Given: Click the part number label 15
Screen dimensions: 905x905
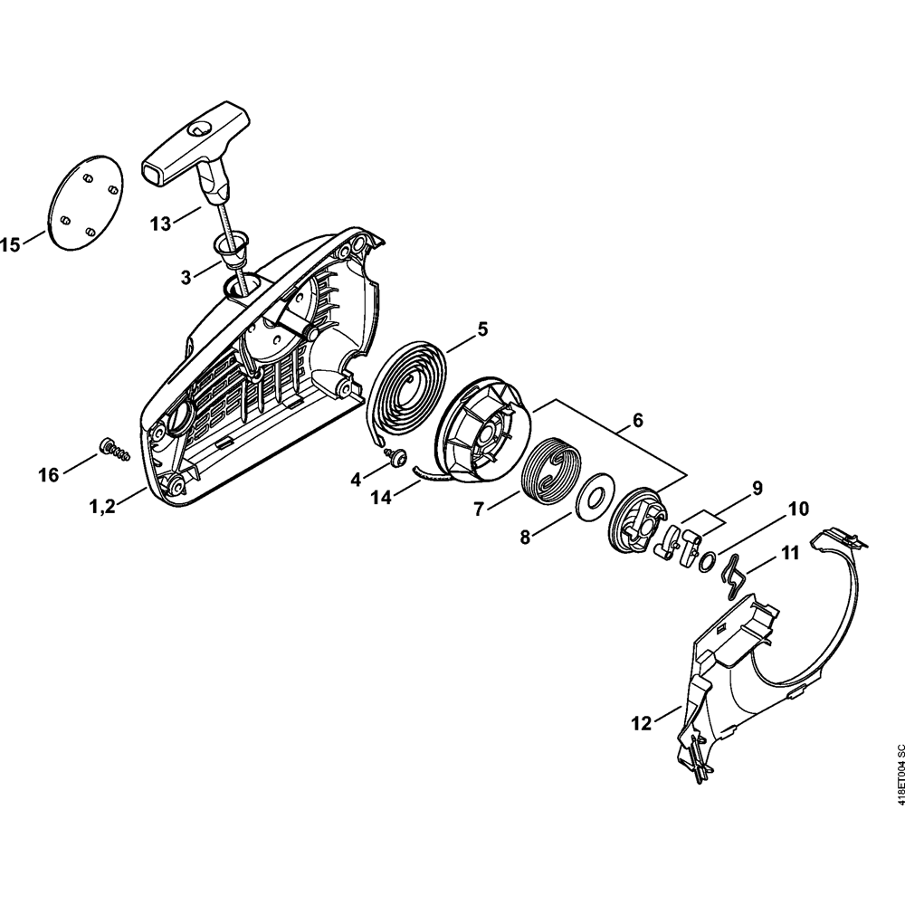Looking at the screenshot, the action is coord(10,244).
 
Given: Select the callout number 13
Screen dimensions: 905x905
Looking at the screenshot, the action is coord(161,224).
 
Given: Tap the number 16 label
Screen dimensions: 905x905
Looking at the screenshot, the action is coord(49,475).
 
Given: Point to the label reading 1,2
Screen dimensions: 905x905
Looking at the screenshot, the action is coord(103,507).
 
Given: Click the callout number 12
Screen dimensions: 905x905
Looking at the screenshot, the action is coord(642,722).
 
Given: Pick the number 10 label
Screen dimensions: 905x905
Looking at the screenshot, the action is coord(798,509).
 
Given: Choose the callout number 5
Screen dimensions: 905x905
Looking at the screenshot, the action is coord(482,329).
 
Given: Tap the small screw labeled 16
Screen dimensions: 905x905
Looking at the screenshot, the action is coord(114,449).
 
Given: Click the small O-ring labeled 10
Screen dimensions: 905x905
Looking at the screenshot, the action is coord(707,561).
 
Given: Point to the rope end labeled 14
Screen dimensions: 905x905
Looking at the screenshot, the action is coord(433,473).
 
